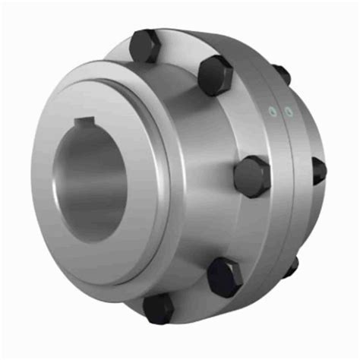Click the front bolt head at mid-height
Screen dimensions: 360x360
[251, 177]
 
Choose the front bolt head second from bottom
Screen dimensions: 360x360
[225, 276]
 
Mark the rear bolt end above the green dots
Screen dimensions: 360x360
[280, 74]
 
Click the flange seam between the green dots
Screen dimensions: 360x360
[280, 114]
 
